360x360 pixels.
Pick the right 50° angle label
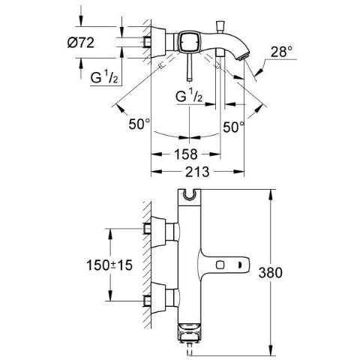[234, 127]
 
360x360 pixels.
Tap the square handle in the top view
[187, 43]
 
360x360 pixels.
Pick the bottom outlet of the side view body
[189, 342]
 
